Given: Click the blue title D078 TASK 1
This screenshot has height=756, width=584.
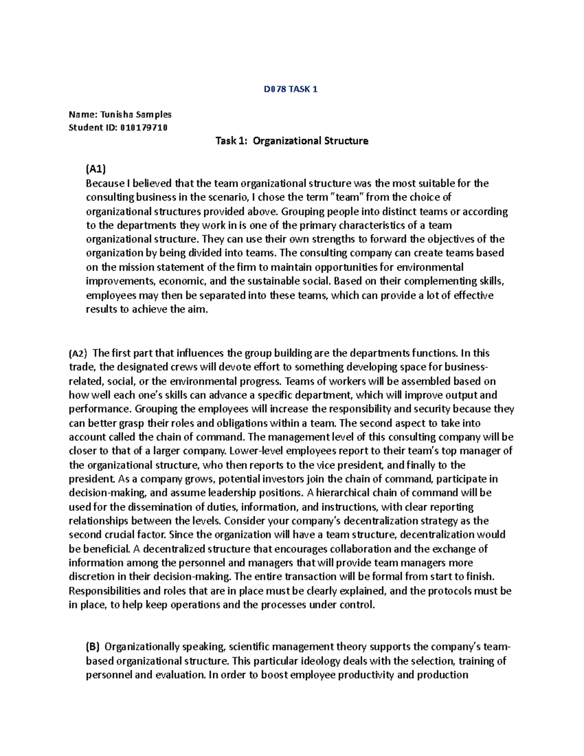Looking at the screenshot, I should coord(291,89).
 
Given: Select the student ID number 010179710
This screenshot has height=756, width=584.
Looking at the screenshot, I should coord(144,128).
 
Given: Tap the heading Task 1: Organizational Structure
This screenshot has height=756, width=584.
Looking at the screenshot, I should coord(292,141).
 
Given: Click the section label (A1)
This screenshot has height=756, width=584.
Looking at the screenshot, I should coord(95,169).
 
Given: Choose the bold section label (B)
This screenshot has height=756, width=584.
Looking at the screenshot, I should coord(92,647).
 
